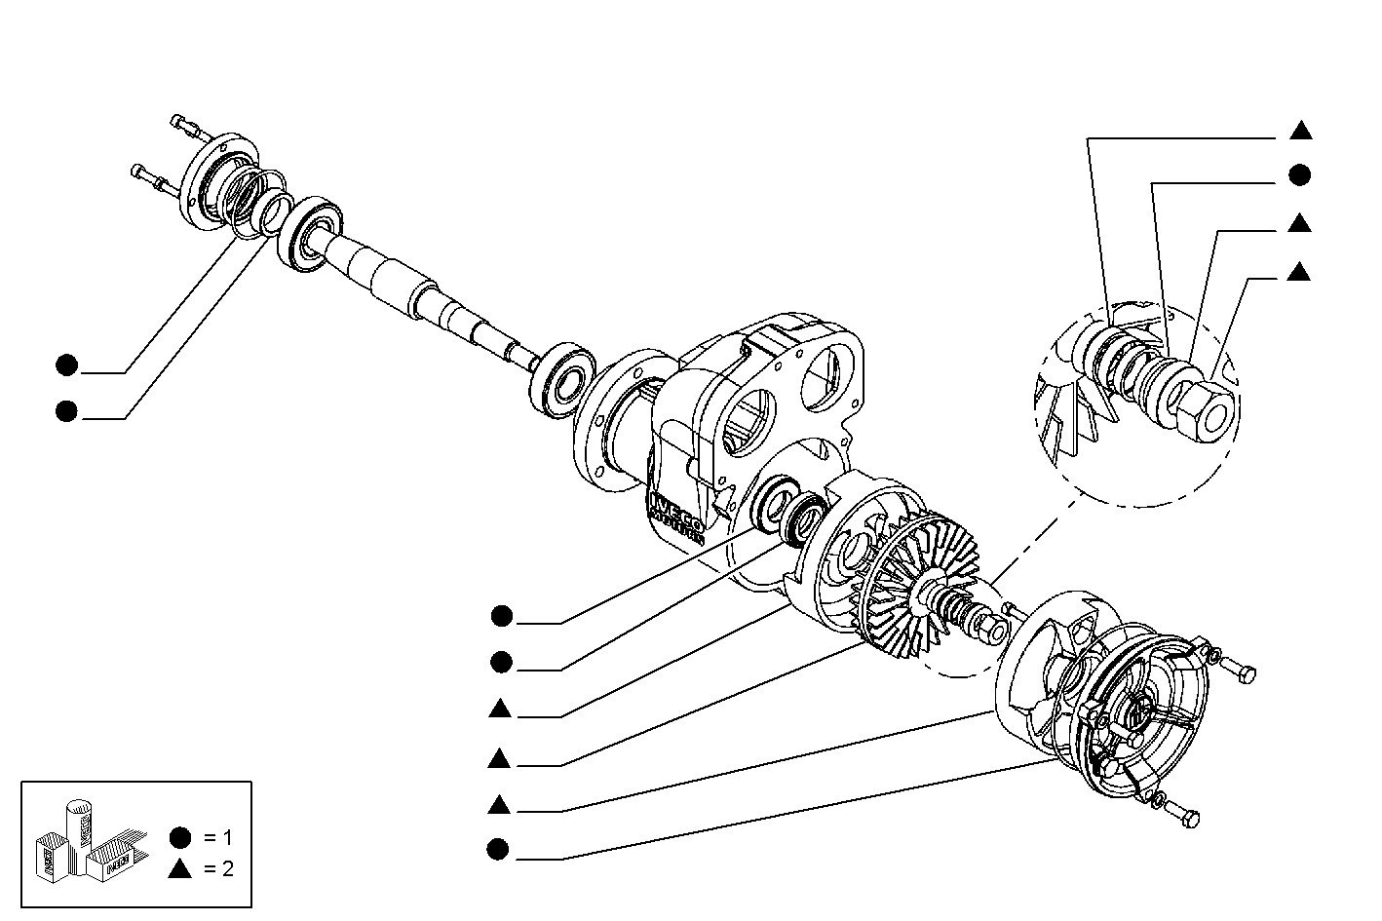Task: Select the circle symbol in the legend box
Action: (x=179, y=837)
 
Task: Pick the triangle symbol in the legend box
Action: (x=179, y=869)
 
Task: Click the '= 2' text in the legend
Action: (x=219, y=869)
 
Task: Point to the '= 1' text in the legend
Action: (x=219, y=837)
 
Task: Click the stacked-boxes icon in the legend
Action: (x=83, y=839)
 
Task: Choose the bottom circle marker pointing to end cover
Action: (x=498, y=851)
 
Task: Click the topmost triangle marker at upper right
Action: (x=1300, y=130)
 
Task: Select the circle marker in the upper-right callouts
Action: (x=1299, y=175)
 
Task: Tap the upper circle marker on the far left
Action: (x=66, y=365)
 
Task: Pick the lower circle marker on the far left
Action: (x=66, y=411)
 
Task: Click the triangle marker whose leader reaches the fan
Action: (x=499, y=757)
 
